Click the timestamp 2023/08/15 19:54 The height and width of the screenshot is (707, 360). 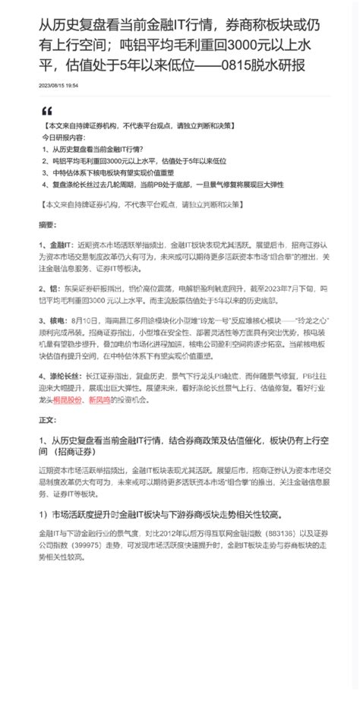coord(58,86)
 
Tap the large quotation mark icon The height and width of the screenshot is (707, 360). coord(48,111)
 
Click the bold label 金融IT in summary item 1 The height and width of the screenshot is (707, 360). coord(59,246)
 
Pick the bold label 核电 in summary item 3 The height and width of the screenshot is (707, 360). coord(56,322)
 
